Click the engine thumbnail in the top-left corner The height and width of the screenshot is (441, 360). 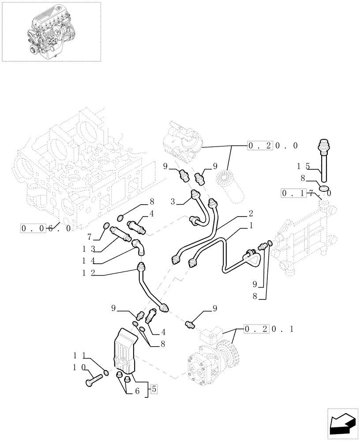pos(51,31)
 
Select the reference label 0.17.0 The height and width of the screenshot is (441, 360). pos(306,193)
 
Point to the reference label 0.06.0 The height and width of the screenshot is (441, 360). pos(46,228)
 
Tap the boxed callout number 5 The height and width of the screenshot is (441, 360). pos(154,389)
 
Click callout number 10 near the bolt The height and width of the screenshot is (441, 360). pos(79,366)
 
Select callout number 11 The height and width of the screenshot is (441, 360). pos(79,355)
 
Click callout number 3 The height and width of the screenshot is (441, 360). pos(174,202)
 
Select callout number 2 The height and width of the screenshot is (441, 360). pos(250,213)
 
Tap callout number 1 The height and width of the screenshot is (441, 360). pos(251,225)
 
